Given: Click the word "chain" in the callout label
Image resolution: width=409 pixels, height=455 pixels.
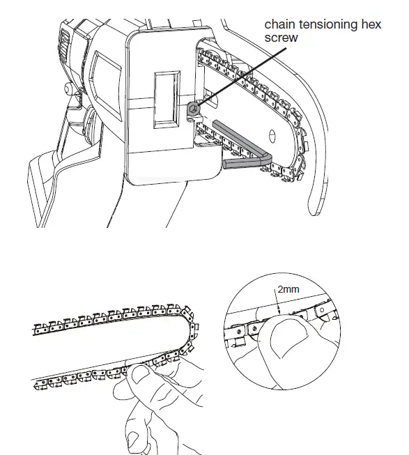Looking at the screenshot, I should pyautogui.click(x=279, y=24).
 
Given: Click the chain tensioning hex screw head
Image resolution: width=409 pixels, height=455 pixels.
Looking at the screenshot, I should pyautogui.click(x=193, y=107).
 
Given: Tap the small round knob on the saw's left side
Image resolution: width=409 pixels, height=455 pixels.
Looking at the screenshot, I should pyautogui.click(x=68, y=88).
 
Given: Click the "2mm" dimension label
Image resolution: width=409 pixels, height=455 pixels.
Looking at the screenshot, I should pyautogui.click(x=287, y=287).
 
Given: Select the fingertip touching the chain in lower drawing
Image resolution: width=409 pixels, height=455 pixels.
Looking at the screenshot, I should pyautogui.click(x=143, y=376).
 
